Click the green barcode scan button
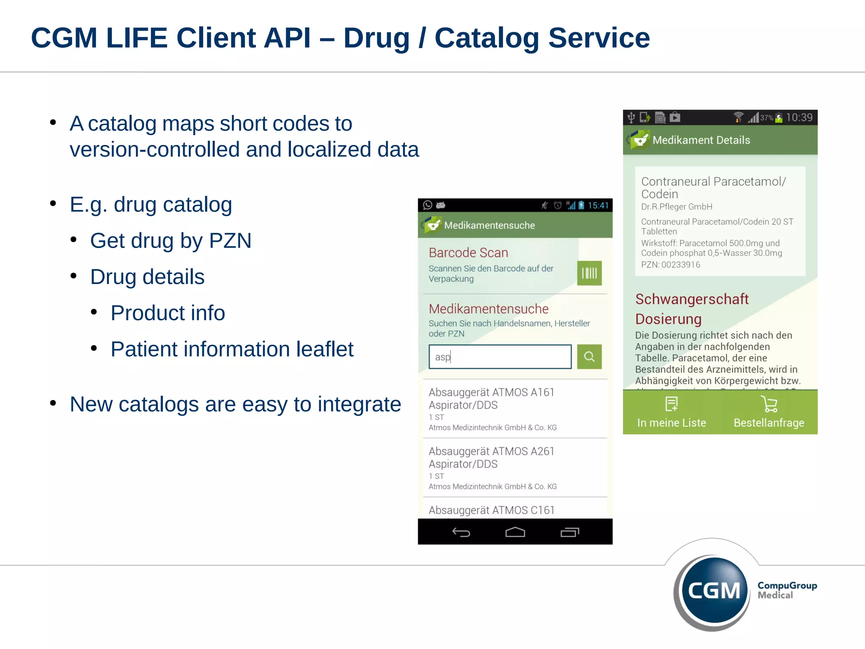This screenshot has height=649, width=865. coord(589,273)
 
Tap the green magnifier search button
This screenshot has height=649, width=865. coord(589,357)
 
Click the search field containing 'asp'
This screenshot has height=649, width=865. coord(500,357)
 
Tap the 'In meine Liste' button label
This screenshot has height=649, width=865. coord(672,423)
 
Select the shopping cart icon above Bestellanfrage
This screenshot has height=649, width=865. coord(769,404)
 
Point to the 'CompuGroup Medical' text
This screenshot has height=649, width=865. coord(787,590)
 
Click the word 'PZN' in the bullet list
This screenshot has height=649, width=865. coord(230,241)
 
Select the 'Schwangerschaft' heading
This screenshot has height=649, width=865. coord(692,299)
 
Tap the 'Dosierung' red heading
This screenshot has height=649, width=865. coord(668,319)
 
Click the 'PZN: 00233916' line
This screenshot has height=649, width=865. coord(671,265)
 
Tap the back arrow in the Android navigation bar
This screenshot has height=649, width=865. coord(461,532)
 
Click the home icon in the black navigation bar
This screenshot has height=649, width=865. coord(515,532)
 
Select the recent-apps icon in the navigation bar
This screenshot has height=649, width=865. coord(570,532)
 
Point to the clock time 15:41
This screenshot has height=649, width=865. coord(598,205)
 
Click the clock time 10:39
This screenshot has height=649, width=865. coord(799,117)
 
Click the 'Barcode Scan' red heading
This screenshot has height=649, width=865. coord(468,253)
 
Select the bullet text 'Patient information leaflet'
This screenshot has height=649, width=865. coord(232,349)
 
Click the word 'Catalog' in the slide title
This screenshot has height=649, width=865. coord(487,38)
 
